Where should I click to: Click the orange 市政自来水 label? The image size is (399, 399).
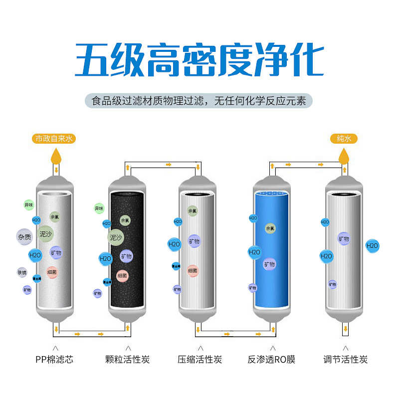click(x=55, y=139)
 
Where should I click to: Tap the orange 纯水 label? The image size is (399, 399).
click(x=344, y=139)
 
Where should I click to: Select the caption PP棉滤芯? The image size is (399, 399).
click(x=54, y=359)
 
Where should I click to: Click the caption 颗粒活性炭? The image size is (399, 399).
click(x=128, y=359)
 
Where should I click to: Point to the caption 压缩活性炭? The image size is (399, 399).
click(x=199, y=359)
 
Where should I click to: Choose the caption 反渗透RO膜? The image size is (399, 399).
click(x=271, y=359)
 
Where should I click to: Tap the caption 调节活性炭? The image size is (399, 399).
click(x=345, y=359)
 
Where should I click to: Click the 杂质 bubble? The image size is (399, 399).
click(x=24, y=237)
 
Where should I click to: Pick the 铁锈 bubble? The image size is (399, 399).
click(x=22, y=272)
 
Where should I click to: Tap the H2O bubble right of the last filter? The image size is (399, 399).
click(x=372, y=245)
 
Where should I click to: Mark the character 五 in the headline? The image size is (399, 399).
click(x=94, y=60)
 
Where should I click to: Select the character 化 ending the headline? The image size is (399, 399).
click(x=305, y=60)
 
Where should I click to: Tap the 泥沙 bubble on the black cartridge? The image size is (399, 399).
click(x=116, y=237)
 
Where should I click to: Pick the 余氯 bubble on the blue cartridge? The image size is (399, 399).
click(x=270, y=228)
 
